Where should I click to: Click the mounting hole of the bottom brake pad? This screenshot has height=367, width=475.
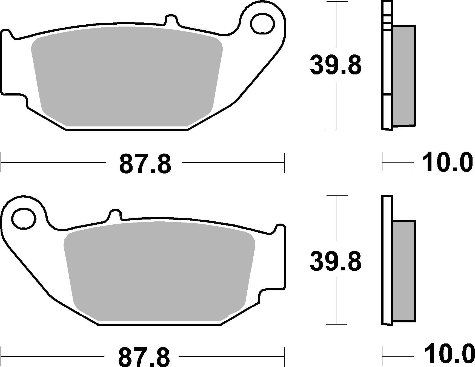[x=24, y=218]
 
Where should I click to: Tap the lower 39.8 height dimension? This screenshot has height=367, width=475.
[x=336, y=261]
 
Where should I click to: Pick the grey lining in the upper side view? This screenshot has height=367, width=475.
[x=404, y=77]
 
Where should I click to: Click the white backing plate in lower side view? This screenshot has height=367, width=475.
[x=387, y=260]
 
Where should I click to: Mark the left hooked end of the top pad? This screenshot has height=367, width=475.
[x=7, y=36]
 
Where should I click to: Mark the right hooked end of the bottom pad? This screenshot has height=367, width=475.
[x=280, y=230]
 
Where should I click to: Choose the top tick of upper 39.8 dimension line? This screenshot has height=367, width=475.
[x=336, y=2]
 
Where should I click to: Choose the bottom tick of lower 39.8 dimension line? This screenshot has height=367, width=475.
[x=336, y=324]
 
